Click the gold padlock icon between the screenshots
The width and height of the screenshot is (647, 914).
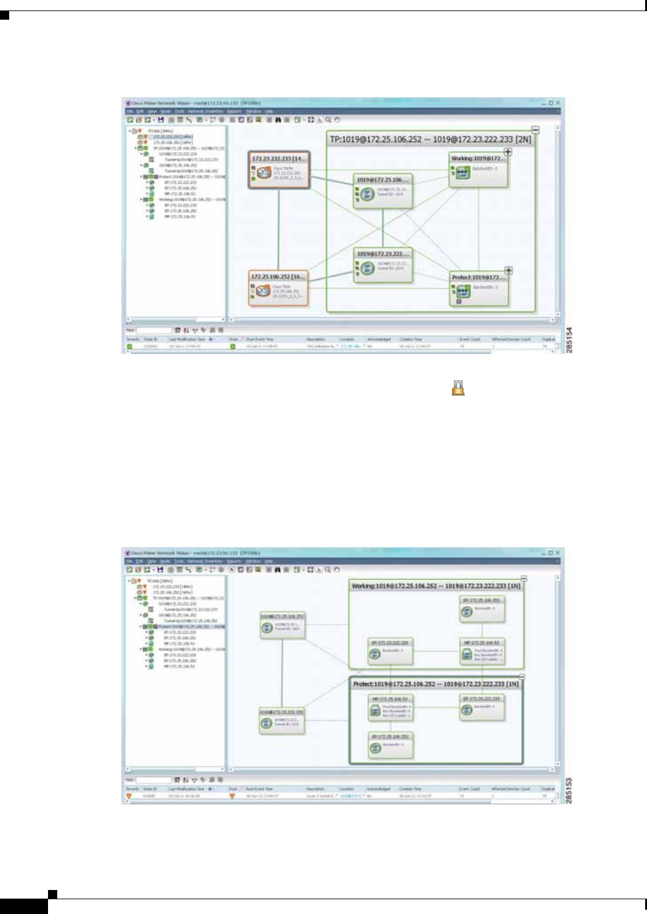pyautogui.click(x=458, y=388)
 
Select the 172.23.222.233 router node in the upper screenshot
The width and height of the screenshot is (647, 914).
pyautogui.click(x=279, y=169)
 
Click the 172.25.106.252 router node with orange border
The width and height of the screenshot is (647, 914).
pyautogui.click(x=278, y=287)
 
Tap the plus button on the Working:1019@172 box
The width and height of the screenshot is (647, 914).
pyautogui.click(x=508, y=152)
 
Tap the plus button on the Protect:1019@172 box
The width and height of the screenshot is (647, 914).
pyautogui.click(x=508, y=271)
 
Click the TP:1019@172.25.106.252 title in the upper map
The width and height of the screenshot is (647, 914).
pyautogui.click(x=430, y=140)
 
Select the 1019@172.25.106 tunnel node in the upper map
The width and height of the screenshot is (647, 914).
pyautogui.click(x=382, y=190)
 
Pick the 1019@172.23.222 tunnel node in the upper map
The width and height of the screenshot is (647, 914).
pyautogui.click(x=382, y=264)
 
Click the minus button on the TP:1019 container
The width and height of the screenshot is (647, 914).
pyautogui.click(x=535, y=130)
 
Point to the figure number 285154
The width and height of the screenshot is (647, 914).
pyautogui.click(x=569, y=340)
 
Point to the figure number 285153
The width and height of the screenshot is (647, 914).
pyautogui.click(x=569, y=790)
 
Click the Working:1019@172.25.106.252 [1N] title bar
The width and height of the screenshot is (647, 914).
pyautogui.click(x=436, y=586)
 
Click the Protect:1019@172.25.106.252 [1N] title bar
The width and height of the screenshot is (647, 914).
pyautogui.click(x=436, y=684)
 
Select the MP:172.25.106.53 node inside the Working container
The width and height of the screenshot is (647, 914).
pyautogui.click(x=483, y=651)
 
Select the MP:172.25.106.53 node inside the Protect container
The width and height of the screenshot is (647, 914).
pyautogui.click(x=390, y=708)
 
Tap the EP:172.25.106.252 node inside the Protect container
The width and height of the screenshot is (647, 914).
pyautogui.click(x=390, y=745)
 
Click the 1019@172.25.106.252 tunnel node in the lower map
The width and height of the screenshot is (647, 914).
pyautogui.click(x=282, y=624)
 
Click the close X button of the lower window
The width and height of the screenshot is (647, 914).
pyautogui.click(x=558, y=553)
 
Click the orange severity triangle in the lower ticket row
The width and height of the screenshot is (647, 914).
pyautogui.click(x=129, y=796)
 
